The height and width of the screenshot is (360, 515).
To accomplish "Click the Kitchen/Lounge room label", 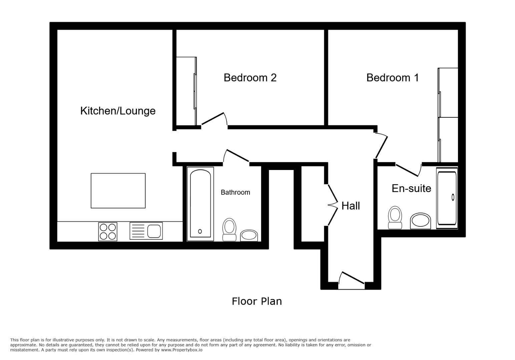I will [x=118, y=111].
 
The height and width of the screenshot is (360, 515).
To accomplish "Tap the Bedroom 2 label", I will [x=250, y=78].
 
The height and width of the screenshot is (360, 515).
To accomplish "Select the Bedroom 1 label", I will [x=392, y=78].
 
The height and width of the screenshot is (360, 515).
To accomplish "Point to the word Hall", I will [x=351, y=206].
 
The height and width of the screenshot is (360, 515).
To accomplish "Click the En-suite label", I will [x=411, y=188].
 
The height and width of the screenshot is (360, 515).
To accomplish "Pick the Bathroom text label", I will [x=235, y=192].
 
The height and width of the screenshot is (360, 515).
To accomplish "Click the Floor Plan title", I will [x=256, y=301].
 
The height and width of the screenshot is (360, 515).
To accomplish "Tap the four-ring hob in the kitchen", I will [x=108, y=232].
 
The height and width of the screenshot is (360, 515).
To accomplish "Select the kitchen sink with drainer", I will [x=146, y=231].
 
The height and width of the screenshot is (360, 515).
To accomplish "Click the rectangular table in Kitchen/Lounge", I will [x=118, y=191].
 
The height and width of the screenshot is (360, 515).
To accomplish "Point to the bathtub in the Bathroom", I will [x=200, y=204].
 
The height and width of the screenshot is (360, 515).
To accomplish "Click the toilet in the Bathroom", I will [x=229, y=230].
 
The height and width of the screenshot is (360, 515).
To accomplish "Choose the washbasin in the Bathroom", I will [x=249, y=235].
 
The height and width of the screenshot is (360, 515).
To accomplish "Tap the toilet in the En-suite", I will [x=395, y=217].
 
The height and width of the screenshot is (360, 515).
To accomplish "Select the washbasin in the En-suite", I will [x=420, y=221].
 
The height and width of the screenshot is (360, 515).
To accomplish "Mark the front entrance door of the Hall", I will [x=351, y=280].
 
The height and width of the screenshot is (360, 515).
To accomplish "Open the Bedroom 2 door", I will [x=214, y=119].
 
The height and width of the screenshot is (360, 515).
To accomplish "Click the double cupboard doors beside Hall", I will [x=332, y=205].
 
